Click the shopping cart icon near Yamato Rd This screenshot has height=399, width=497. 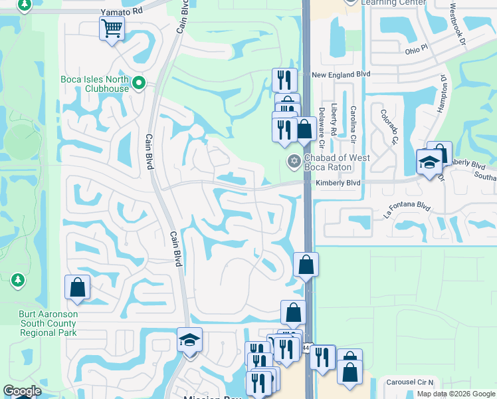point(112,29)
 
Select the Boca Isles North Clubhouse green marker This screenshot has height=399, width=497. point(139,83)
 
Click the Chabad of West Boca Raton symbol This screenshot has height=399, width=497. point(293,161)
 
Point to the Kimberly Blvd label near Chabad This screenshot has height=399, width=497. point(338,182)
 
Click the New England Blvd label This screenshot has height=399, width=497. point(341,74)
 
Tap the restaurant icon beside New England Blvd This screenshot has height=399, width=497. point(284,80)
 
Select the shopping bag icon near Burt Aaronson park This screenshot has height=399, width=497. point(77,287)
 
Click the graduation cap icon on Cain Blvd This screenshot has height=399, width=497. point(189,340)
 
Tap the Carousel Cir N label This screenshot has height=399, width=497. point(411,382)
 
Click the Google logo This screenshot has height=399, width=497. point(22,391)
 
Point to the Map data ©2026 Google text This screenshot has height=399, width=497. point(455,394)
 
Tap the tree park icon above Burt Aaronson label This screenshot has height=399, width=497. point(17,281)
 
